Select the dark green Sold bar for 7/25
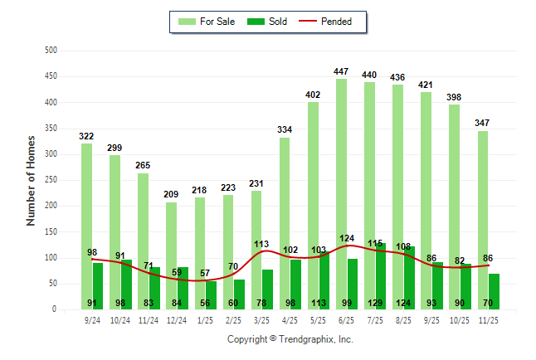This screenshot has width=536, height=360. pyautogui.click(x=381, y=265)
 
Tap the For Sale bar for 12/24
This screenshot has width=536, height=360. pyautogui.click(x=171, y=241)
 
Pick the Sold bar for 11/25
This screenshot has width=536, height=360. pyautogui.click(x=495, y=286)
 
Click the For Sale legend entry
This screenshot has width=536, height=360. pyautogui.click(x=207, y=22)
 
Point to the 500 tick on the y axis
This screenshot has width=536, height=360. pyautogui.click(x=51, y=51)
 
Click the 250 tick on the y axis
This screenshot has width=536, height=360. pyautogui.click(x=51, y=180)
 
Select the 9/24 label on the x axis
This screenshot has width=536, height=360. pyautogui.click(x=92, y=319)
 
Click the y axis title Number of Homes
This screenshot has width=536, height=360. pyautogui.click(x=31, y=180)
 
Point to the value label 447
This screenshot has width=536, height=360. pyautogui.click(x=341, y=71)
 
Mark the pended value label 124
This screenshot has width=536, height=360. pyautogui.click(x=347, y=239)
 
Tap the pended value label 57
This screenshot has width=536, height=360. pyautogui.click(x=205, y=274)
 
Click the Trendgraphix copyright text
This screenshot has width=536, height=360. pyautogui.click(x=290, y=339)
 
